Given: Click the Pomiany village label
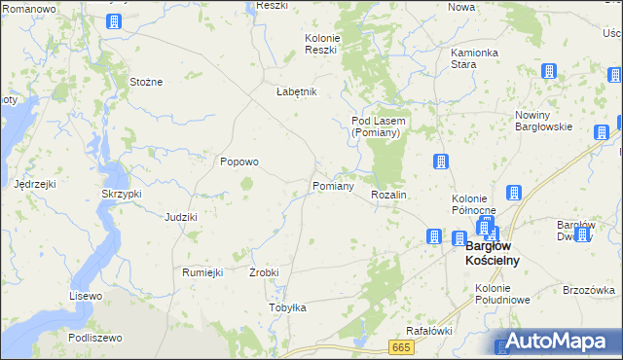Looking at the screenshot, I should click(332, 186).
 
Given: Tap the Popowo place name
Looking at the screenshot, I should click(238, 162).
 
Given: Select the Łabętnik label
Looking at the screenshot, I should click(297, 91).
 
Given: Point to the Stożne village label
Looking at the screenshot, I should click(146, 82).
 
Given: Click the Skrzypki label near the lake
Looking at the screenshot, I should click(122, 194).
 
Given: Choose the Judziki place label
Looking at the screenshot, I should click(181, 217).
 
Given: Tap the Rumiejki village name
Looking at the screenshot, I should click(203, 272).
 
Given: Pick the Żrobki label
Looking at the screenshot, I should click(264, 272).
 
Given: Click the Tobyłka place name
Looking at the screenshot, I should click(287, 307).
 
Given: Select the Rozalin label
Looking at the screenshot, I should click(388, 196).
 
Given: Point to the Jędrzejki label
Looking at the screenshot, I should click(35, 183).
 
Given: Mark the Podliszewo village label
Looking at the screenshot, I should click(94, 338).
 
